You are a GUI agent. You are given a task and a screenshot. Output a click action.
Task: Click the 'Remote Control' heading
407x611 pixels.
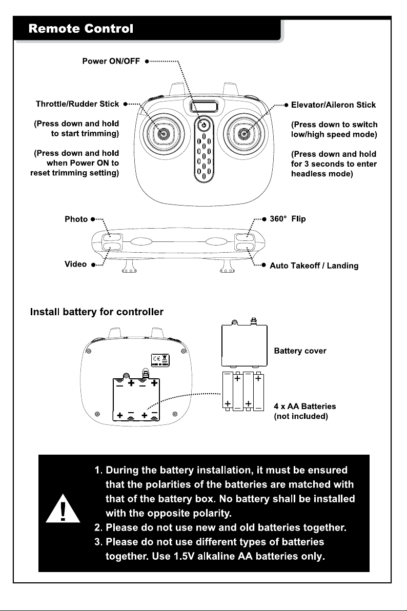tap(80, 28)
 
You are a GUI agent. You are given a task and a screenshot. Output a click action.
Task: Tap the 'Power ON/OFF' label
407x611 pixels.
tap(111, 61)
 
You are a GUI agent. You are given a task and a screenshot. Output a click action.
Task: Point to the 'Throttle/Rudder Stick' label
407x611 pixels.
tap(77, 104)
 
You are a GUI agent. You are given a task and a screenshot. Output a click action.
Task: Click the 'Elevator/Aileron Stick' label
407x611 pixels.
tap(333, 105)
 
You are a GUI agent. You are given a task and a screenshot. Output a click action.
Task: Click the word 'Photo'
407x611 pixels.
tap(76, 219)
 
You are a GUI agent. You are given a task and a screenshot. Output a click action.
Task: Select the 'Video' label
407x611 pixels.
tap(76, 264)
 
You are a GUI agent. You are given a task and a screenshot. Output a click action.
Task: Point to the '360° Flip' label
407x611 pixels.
tap(288, 218)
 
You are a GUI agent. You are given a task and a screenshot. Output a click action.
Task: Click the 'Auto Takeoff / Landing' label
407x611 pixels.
tap(314, 266)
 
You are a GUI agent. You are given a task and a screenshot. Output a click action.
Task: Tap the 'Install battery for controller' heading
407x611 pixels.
tap(97, 312)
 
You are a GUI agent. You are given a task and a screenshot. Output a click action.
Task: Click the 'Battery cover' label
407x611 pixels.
tap(300, 351)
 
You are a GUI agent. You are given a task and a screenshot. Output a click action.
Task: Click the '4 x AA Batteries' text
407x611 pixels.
tap(305, 406)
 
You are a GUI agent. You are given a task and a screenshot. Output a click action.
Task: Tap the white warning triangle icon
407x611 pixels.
tap(63, 510)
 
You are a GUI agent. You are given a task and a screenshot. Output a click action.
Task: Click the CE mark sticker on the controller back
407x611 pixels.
tap(160, 359)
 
